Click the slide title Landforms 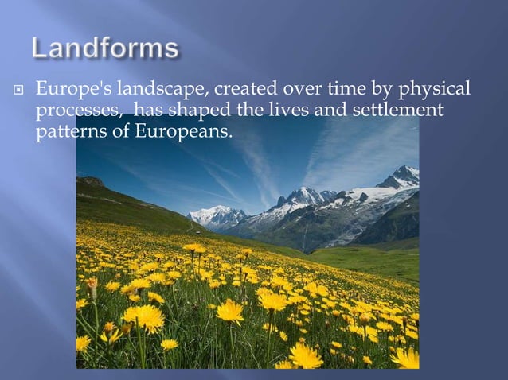(x=105, y=48)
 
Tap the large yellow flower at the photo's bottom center (x=305, y=355)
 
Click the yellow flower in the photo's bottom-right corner (x=404, y=358)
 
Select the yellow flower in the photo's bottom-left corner (x=83, y=343)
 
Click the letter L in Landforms (x=41, y=48)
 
